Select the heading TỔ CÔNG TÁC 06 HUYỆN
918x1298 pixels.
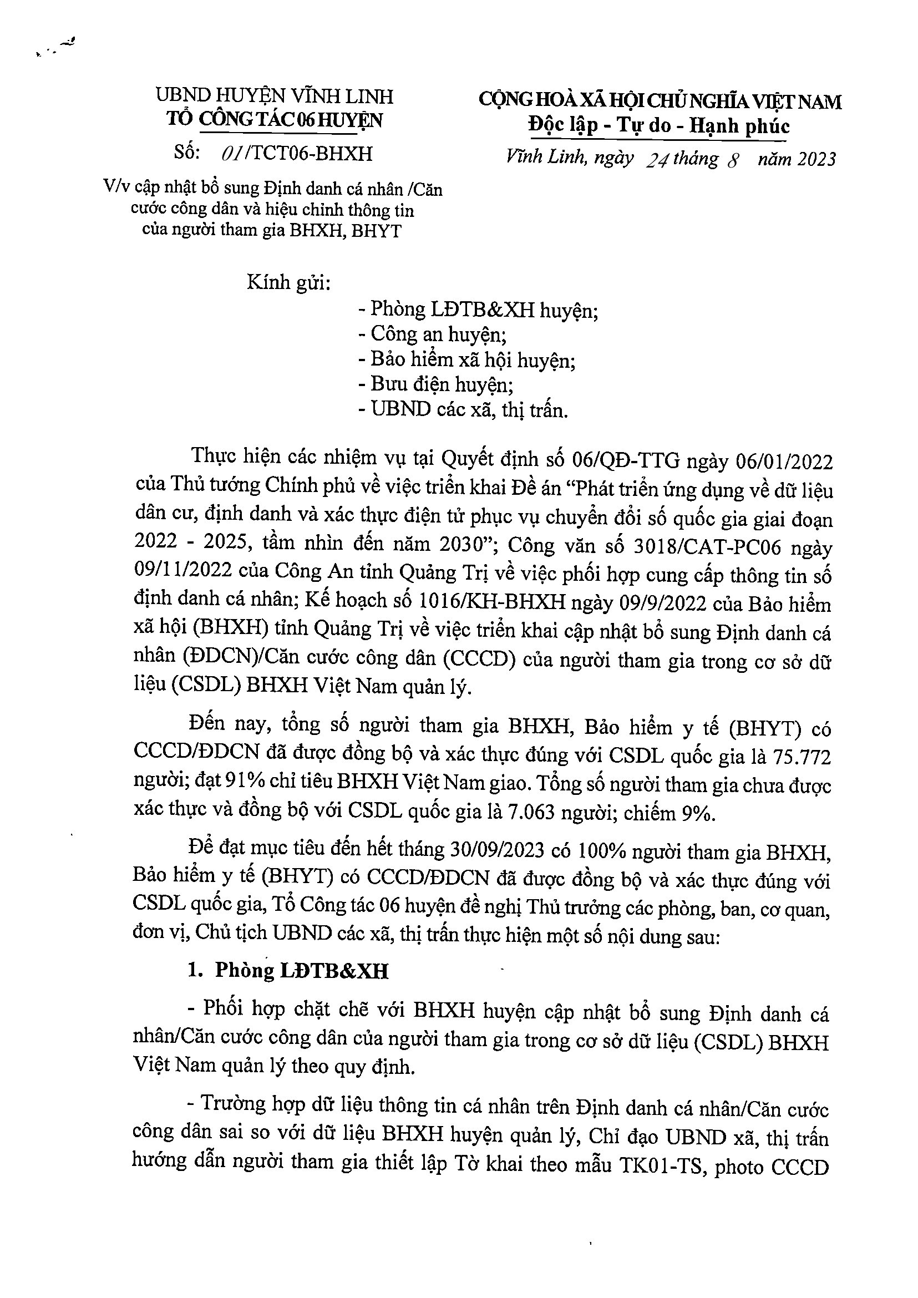click(275, 120)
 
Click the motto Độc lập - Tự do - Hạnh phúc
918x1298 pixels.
click(659, 125)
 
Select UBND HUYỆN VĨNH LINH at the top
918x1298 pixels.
click(275, 97)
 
